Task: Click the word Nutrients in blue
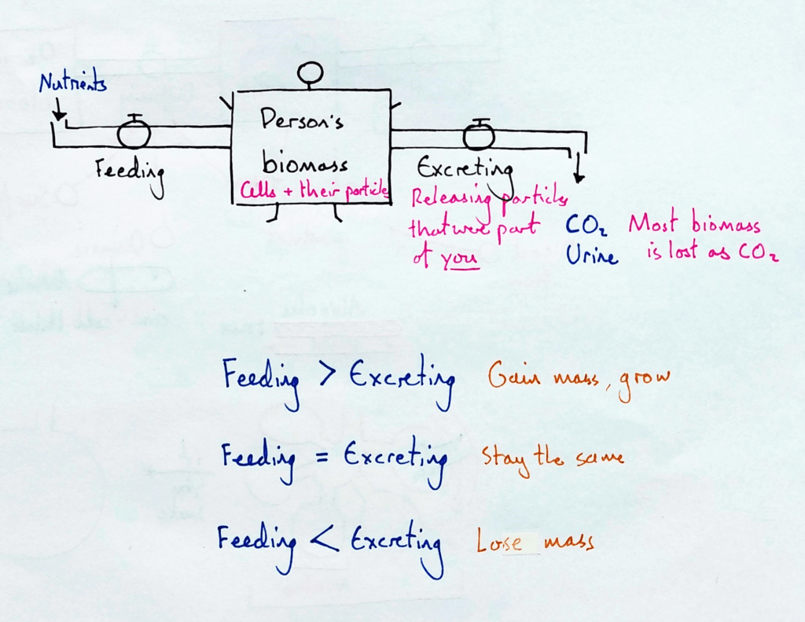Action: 73,83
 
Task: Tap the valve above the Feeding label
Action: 134,134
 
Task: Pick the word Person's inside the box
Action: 302,123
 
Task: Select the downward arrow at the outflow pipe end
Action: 579,168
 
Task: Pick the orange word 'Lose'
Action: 499,543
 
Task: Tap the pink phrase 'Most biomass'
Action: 694,226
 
